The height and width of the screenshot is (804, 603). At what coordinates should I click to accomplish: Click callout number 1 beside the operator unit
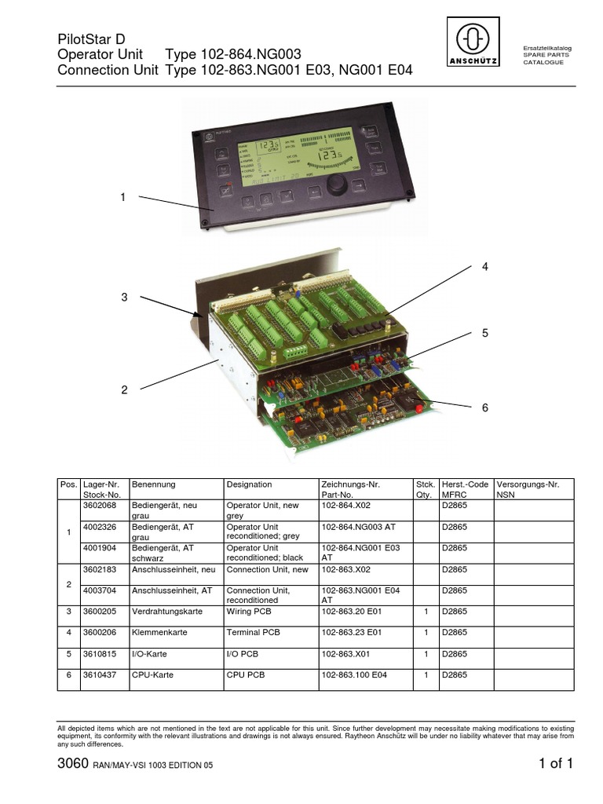[x=122, y=197]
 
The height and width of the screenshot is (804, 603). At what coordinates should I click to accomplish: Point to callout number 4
[x=484, y=267]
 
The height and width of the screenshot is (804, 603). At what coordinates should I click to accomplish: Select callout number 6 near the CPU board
[x=484, y=407]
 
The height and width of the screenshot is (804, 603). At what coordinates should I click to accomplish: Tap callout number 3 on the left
[x=123, y=297]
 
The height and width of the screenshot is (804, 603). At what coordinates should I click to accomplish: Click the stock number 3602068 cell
[x=100, y=506]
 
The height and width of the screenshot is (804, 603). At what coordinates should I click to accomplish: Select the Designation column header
[x=249, y=484]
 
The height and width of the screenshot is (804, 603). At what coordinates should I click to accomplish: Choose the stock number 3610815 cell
[x=100, y=653]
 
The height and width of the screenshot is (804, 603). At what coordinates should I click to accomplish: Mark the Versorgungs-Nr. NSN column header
[x=528, y=490]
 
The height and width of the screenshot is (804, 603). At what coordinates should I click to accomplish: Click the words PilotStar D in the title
[x=91, y=39]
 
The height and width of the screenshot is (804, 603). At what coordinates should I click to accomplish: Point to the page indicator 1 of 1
[x=556, y=764]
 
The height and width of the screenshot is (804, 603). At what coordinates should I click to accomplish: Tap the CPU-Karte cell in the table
[x=152, y=674]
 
